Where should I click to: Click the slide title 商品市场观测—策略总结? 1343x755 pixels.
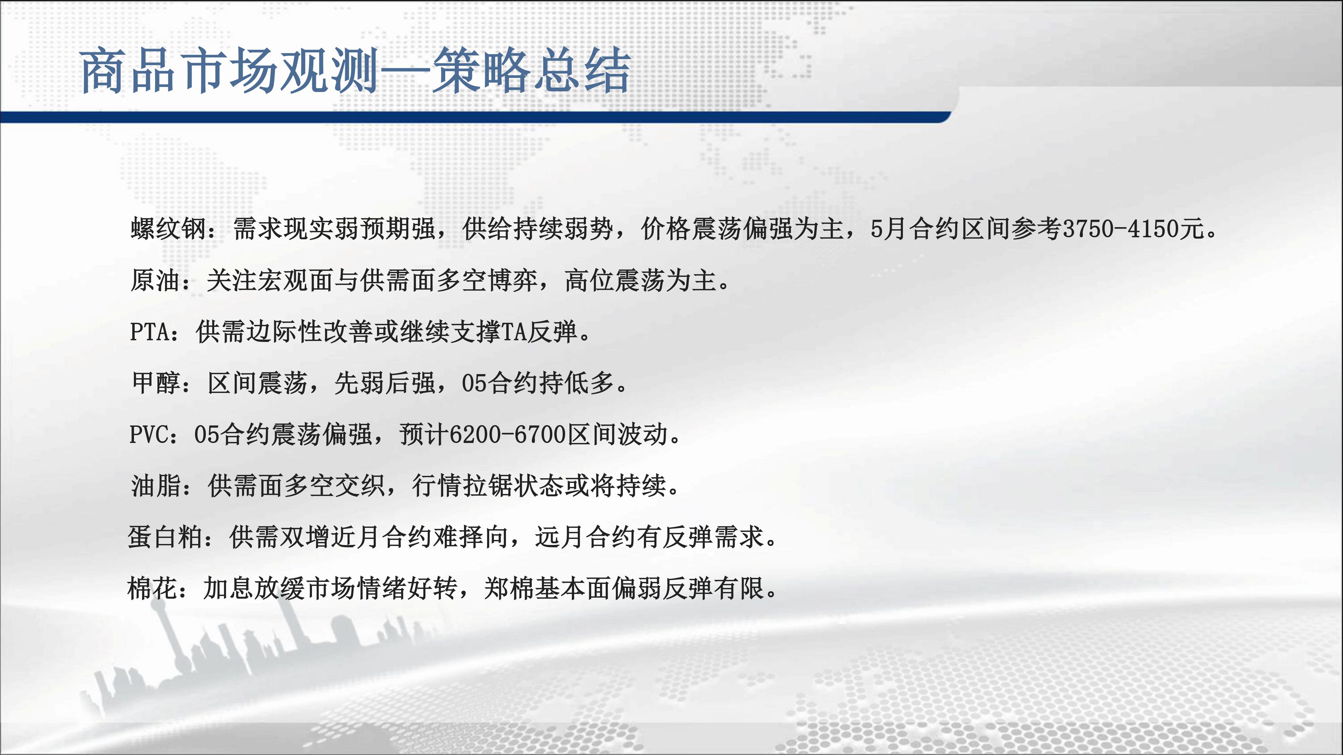click(356, 71)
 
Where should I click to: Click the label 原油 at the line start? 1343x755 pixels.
click(155, 280)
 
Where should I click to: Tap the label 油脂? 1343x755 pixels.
click(156, 486)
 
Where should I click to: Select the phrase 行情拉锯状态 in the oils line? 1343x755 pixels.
click(489, 486)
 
